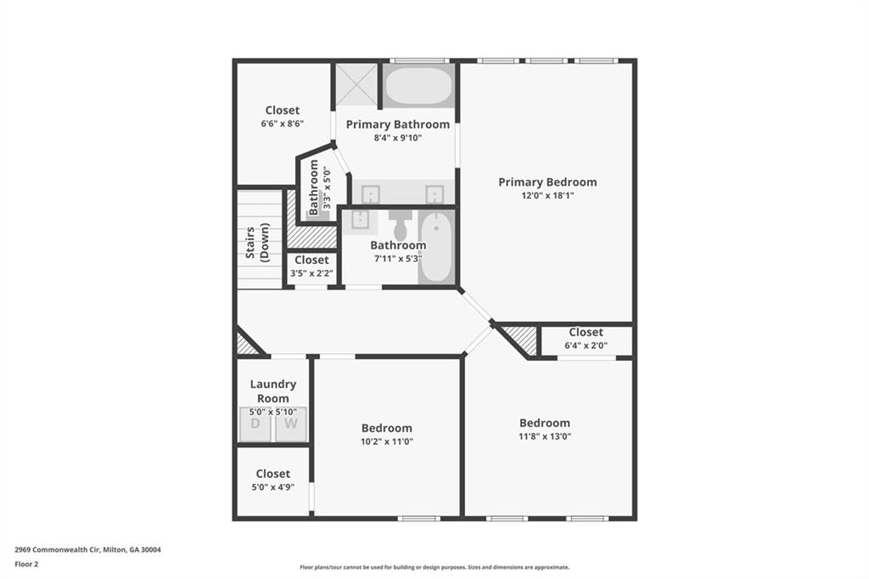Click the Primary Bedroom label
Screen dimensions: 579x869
click(x=547, y=182)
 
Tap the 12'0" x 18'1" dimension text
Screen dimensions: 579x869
click(x=547, y=196)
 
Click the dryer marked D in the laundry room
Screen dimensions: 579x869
click(x=255, y=424)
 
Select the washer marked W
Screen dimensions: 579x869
click(x=291, y=424)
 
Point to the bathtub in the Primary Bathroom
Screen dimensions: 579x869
click(x=419, y=86)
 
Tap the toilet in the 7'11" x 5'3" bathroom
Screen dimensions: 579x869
click(x=401, y=225)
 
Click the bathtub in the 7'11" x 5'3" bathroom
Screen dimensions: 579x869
click(x=437, y=246)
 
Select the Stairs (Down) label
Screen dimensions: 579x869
click(x=258, y=243)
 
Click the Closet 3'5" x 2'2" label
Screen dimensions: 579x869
click(x=311, y=260)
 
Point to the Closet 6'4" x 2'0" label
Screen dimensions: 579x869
click(x=586, y=332)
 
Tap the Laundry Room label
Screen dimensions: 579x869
click(x=272, y=391)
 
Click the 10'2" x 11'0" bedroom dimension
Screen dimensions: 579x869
click(x=387, y=441)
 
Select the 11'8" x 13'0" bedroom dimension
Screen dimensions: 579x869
click(x=545, y=436)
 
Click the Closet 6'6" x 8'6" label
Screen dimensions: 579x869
click(x=282, y=110)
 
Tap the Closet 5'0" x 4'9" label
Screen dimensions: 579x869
click(x=272, y=474)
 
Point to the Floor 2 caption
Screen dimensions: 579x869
click(x=26, y=564)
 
